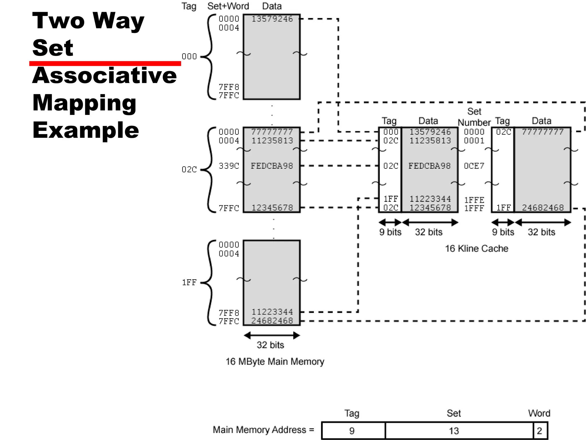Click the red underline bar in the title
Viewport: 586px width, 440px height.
click(105, 63)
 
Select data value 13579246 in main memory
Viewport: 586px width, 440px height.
click(272, 19)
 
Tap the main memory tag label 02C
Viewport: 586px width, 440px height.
click(189, 169)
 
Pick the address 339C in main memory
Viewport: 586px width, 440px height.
click(229, 166)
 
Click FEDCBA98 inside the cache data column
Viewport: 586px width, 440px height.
click(429, 166)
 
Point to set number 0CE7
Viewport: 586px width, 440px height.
click(474, 166)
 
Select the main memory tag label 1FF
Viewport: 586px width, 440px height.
click(189, 282)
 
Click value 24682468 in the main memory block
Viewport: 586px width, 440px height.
click(272, 321)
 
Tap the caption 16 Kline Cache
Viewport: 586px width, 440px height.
click(476, 248)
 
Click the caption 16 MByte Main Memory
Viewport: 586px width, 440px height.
click(275, 362)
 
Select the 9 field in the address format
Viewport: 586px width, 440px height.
click(352, 431)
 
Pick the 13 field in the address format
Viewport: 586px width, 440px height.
click(454, 431)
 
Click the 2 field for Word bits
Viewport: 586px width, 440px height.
click(539, 431)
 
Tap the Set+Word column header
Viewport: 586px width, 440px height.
click(228, 6)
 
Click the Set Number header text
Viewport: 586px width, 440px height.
click(474, 117)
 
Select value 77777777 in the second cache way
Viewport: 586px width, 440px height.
click(543, 132)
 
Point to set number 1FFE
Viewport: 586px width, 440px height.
click(474, 200)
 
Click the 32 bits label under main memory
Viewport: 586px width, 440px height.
click(270, 345)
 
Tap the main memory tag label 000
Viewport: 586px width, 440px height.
click(189, 56)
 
